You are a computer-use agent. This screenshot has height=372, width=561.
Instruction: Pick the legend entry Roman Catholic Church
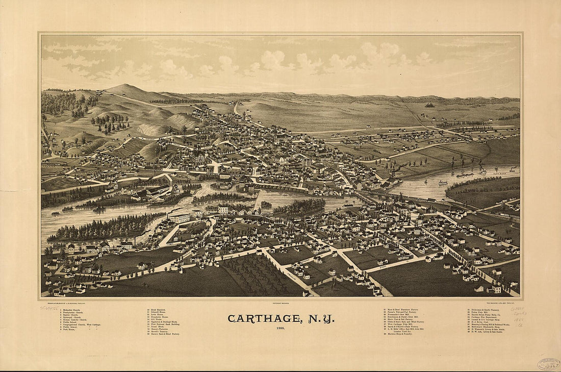pos(74,320)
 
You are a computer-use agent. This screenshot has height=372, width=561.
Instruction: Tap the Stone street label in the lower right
pos(383,267)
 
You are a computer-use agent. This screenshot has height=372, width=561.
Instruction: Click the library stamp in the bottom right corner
pos(548,364)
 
